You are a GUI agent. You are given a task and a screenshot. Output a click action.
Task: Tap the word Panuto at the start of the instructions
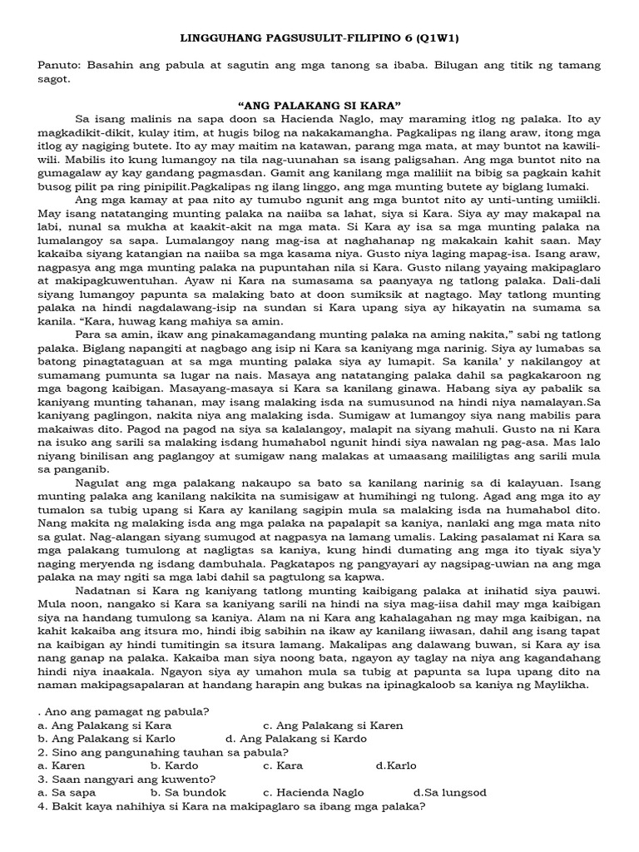tap(58, 65)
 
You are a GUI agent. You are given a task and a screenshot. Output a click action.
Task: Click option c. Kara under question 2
tap(283, 765)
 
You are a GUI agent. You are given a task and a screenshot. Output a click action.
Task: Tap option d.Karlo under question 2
tap(397, 765)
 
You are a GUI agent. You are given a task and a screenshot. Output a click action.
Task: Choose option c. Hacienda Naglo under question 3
tap(317, 793)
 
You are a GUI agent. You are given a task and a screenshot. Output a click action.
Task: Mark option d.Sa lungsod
tap(449, 793)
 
